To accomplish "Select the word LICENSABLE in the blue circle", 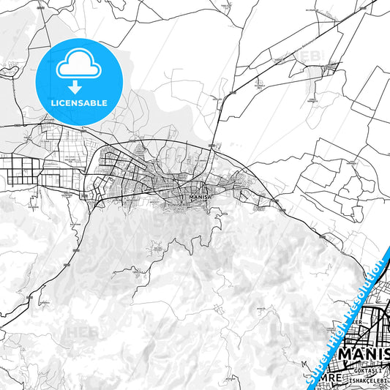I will [78, 103].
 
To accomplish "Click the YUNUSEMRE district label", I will [176, 206].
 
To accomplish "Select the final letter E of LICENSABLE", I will [105, 103].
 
